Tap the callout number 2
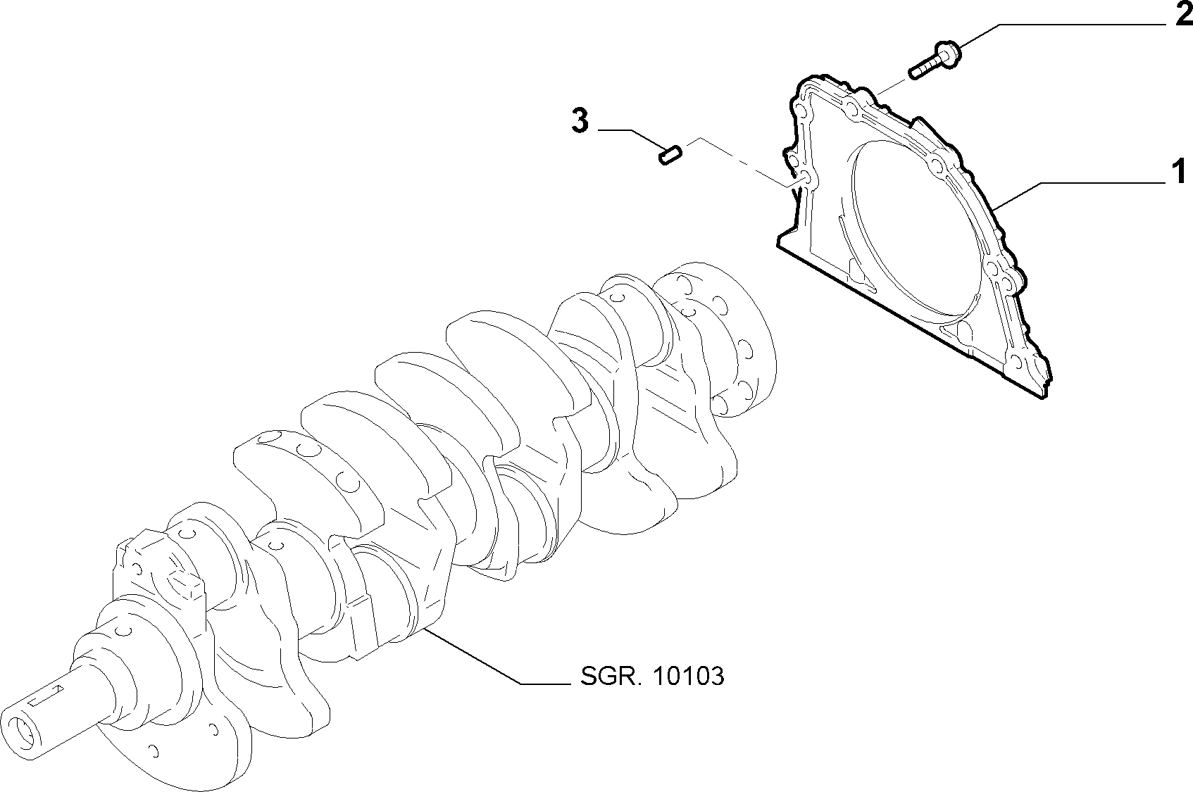1184,14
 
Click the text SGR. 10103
652,677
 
